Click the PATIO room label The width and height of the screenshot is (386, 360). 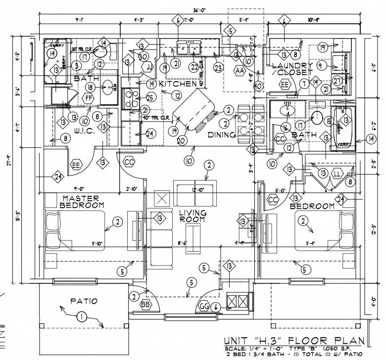point(84,301)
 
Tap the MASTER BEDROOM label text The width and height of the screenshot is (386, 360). point(82,201)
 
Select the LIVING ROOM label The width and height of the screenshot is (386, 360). point(193,216)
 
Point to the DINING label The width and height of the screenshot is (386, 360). point(221,134)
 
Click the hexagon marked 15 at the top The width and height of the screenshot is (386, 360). point(229,31)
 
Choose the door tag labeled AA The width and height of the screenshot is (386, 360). point(240,71)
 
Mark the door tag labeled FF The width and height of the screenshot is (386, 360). point(89,98)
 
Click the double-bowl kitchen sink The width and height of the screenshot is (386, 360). point(189,48)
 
